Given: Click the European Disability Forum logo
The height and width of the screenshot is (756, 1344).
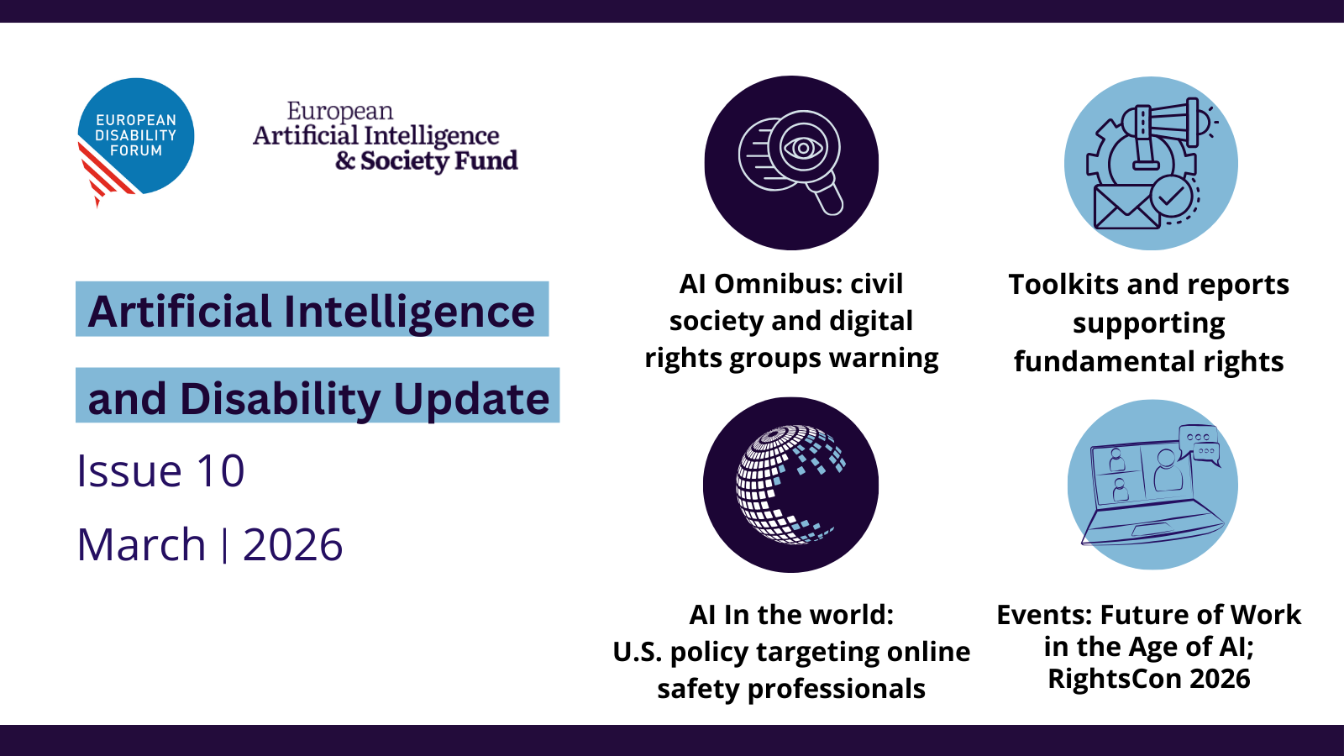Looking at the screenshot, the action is point(135,139).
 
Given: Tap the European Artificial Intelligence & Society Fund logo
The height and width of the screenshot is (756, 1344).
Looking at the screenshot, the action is point(386,137).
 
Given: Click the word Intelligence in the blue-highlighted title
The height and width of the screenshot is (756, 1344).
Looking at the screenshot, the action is point(409,312).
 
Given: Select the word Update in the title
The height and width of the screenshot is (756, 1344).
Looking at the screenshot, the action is point(471,399).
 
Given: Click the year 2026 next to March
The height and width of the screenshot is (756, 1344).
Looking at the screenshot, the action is point(293,545).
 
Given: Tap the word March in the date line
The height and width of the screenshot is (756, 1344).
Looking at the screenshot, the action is point(142,545).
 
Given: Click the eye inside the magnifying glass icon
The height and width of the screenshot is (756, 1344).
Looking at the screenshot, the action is point(803,147).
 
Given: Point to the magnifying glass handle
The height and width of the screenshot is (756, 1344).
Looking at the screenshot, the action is point(827,197).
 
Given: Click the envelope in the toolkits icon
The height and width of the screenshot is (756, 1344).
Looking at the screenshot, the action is point(1126,207).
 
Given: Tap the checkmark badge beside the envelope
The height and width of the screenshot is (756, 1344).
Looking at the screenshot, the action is point(1171,196).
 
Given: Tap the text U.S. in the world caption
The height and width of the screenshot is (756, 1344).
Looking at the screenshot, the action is point(638,652).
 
